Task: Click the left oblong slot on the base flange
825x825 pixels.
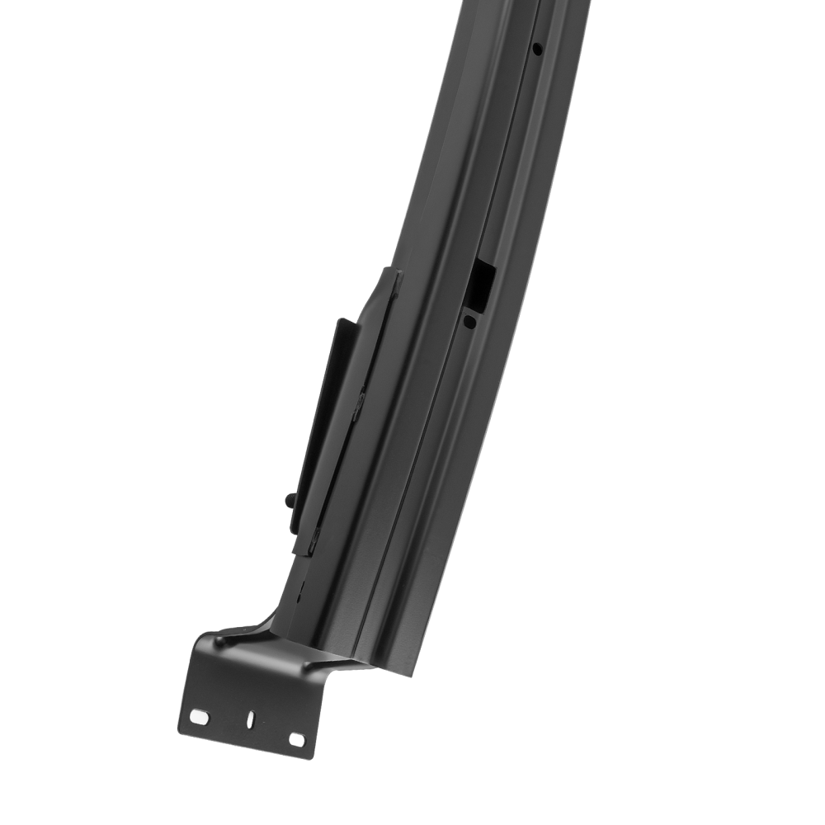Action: [198, 715]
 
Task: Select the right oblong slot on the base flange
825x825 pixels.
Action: [296, 739]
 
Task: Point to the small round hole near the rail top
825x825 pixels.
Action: [537, 49]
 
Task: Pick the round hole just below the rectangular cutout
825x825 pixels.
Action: [469, 322]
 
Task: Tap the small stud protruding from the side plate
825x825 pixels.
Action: [289, 499]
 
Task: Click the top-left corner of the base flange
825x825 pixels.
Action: [198, 635]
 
